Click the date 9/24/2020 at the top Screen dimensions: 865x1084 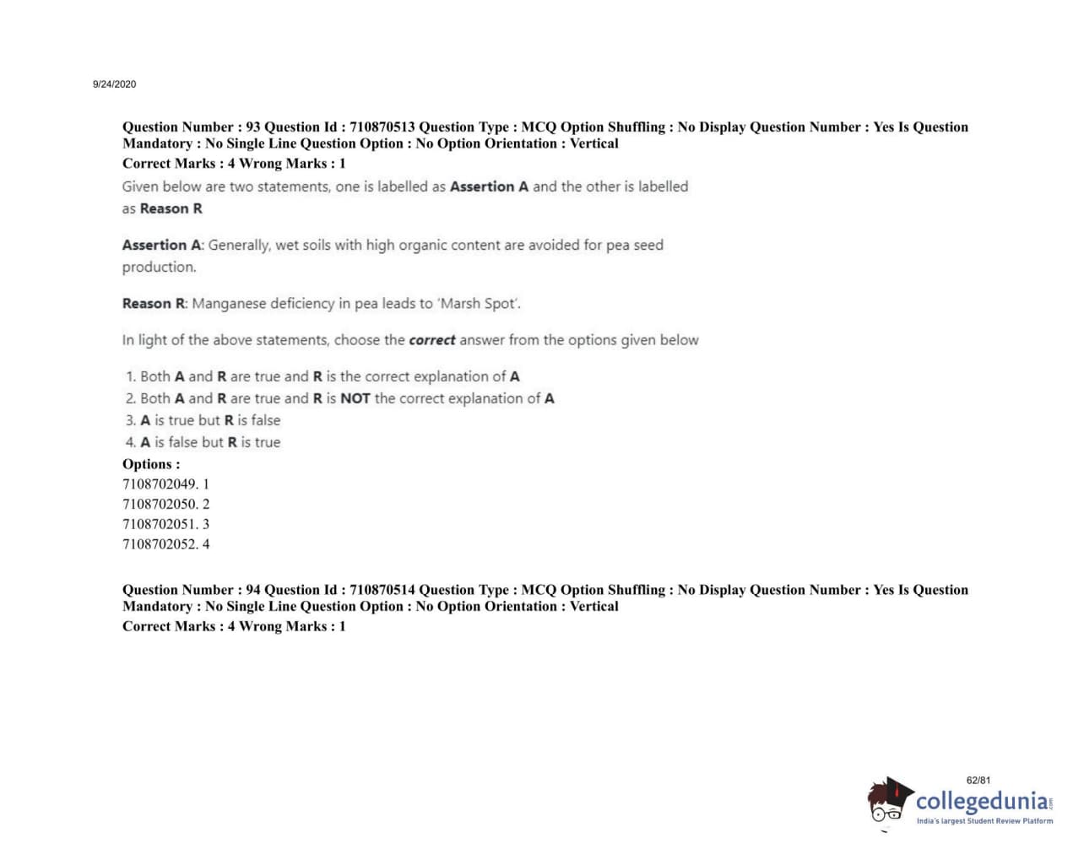pos(114,84)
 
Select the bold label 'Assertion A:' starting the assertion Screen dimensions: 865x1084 pos(163,246)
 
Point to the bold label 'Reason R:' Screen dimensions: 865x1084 pos(155,304)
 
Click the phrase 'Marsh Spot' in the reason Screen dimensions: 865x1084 pos(480,304)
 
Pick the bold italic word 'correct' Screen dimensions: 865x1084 pos(431,340)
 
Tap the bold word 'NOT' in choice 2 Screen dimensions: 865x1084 pos(355,398)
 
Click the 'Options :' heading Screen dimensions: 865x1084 pos(151,464)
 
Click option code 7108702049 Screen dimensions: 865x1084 pos(160,484)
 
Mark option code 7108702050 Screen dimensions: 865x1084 pos(160,505)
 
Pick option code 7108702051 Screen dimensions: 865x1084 pos(160,524)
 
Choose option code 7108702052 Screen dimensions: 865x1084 pos(160,544)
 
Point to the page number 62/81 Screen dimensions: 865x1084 pos(978,781)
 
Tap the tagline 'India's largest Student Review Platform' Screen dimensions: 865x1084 pos(984,821)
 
